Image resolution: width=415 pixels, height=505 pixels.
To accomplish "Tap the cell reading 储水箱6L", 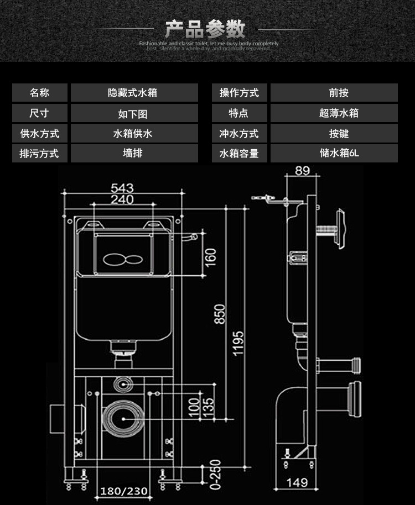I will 334,153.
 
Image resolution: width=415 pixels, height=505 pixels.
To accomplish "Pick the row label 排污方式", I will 39,153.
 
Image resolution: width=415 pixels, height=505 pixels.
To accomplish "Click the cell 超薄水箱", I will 334,113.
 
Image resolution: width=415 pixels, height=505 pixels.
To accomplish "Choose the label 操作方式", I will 239,93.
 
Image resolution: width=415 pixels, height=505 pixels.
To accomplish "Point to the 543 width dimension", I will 122,188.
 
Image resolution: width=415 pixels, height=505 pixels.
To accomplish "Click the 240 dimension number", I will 122,199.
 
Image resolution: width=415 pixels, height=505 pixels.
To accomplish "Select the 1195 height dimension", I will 238,343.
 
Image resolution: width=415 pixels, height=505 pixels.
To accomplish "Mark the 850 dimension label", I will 220,314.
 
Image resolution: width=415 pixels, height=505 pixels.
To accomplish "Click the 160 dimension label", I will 210,256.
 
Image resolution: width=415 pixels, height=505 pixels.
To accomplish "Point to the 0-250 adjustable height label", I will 215,475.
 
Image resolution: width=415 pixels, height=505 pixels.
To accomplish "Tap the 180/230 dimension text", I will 123,491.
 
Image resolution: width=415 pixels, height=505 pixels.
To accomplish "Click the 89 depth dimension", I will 302,170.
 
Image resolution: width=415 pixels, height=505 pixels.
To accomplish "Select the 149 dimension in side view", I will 297,482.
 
